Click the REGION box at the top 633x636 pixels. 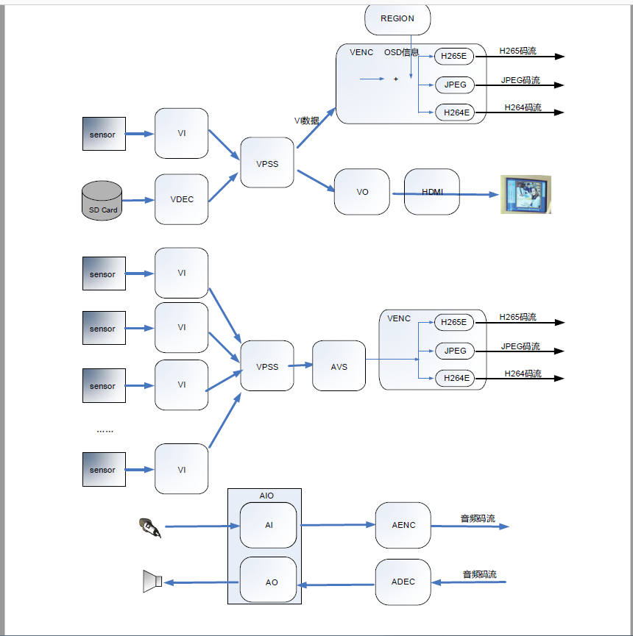click(x=397, y=19)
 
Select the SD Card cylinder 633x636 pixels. click(x=103, y=200)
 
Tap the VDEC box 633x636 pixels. click(x=182, y=199)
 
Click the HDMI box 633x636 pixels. click(x=432, y=192)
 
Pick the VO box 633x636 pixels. click(x=362, y=192)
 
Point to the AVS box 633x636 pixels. click(x=339, y=366)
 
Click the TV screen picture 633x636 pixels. click(x=526, y=194)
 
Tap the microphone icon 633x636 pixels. click(x=149, y=527)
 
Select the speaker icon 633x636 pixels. click(x=152, y=581)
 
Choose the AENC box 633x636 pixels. click(x=403, y=525)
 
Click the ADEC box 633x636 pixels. click(x=403, y=582)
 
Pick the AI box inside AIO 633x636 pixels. click(x=269, y=525)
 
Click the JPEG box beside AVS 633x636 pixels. click(x=455, y=351)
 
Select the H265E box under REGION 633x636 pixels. click(x=455, y=56)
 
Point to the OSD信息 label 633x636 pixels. click(x=401, y=52)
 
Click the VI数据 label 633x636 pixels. click(x=307, y=121)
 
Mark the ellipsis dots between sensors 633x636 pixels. click(x=105, y=431)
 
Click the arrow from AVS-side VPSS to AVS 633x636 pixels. click(x=302, y=365)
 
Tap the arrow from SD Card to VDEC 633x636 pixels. click(x=138, y=200)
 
